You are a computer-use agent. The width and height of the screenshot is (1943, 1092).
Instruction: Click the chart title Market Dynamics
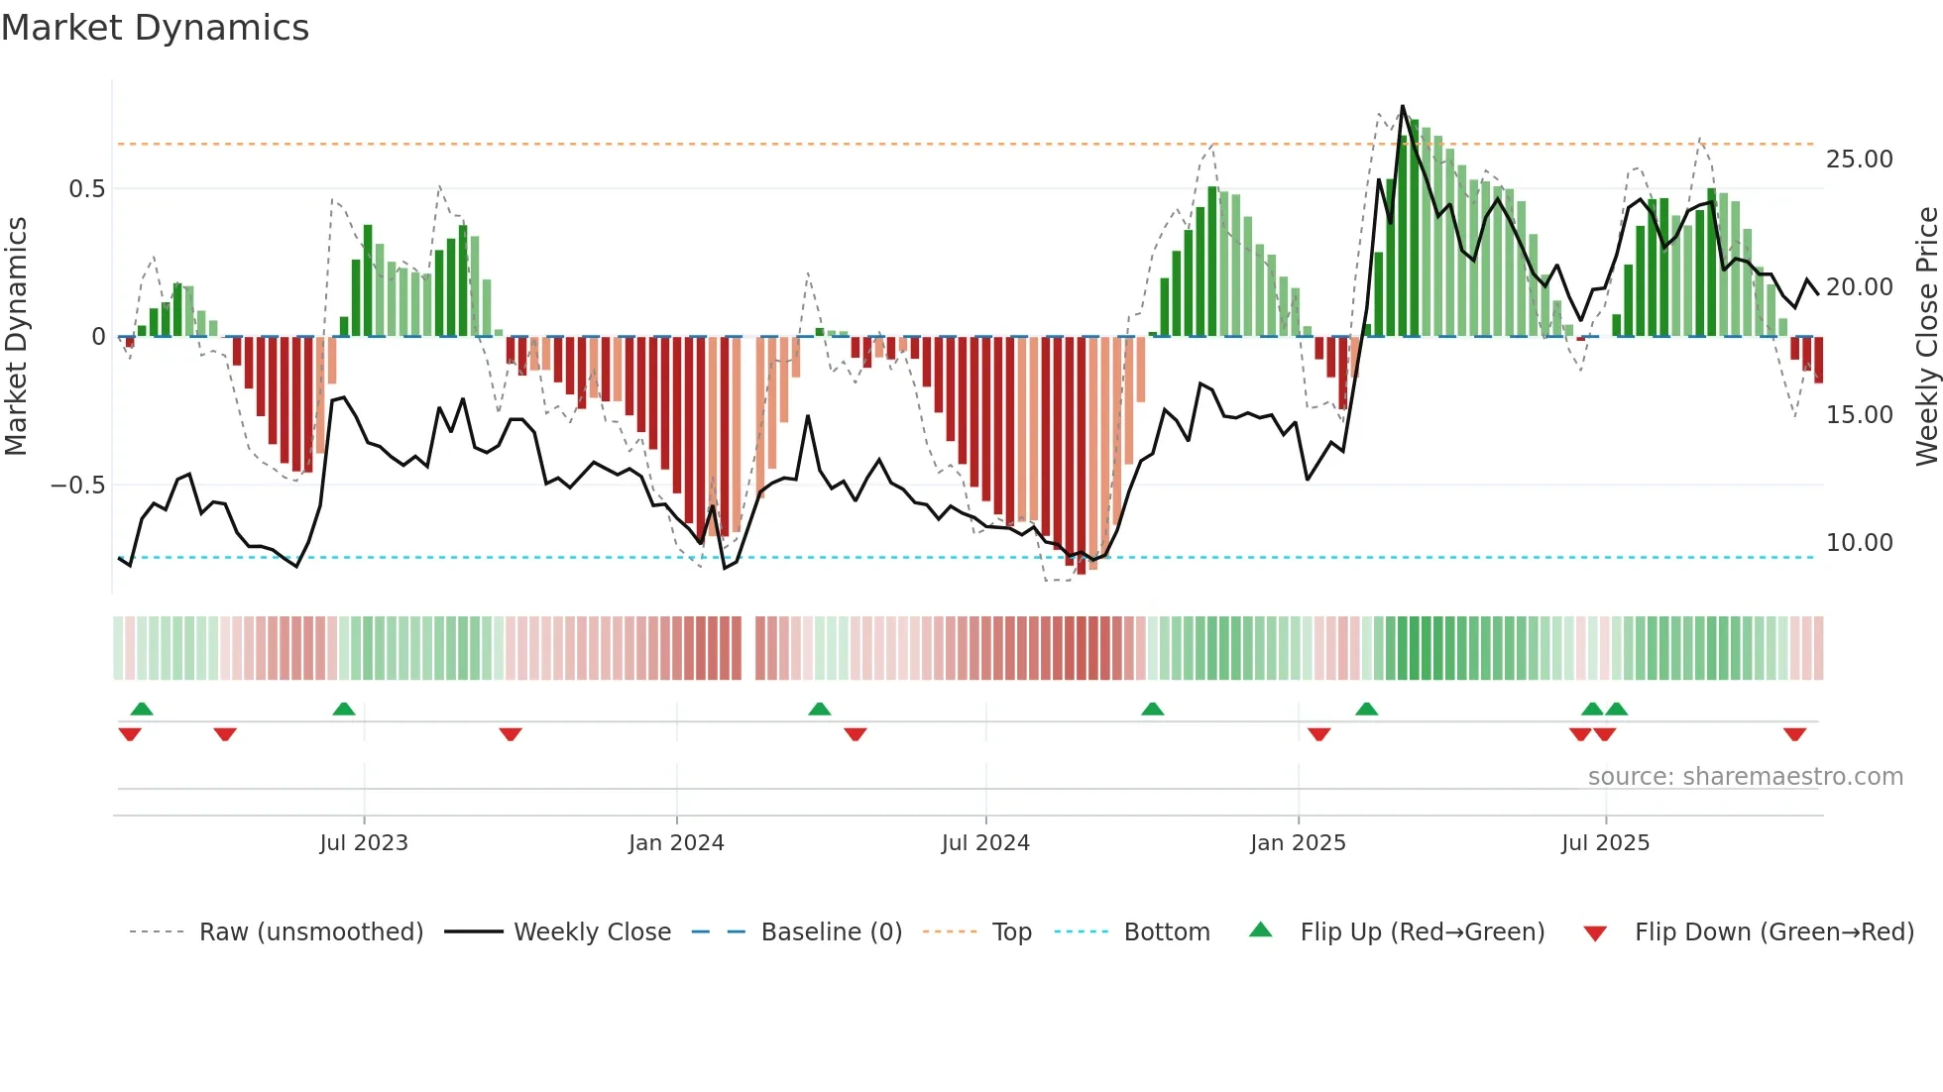[x=155, y=28]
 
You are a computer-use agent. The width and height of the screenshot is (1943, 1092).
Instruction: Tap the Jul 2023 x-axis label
[x=364, y=843]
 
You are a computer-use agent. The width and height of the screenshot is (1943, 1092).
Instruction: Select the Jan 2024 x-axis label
[x=676, y=843]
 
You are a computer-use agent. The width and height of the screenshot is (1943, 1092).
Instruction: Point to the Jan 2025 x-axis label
[x=1298, y=843]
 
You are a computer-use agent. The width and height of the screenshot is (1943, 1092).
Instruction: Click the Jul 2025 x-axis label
[x=1605, y=843]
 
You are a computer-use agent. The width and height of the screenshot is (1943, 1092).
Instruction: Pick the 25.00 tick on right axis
[x=1859, y=160]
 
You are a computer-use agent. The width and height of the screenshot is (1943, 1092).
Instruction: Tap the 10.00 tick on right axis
[x=1859, y=543]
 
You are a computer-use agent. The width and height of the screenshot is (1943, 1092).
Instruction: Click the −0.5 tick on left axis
[x=77, y=486]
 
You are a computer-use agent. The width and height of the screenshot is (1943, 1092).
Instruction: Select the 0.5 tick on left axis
[x=86, y=189]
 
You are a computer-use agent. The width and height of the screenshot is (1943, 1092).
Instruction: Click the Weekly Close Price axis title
[x=1926, y=337]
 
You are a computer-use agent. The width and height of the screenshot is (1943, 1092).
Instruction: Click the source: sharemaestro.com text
[x=1745, y=777]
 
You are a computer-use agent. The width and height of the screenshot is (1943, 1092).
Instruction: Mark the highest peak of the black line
[x=1402, y=106]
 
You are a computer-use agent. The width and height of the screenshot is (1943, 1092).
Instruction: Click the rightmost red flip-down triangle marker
[x=1794, y=734]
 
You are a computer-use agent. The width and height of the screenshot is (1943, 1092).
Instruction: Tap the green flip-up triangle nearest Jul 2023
[x=344, y=709]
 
